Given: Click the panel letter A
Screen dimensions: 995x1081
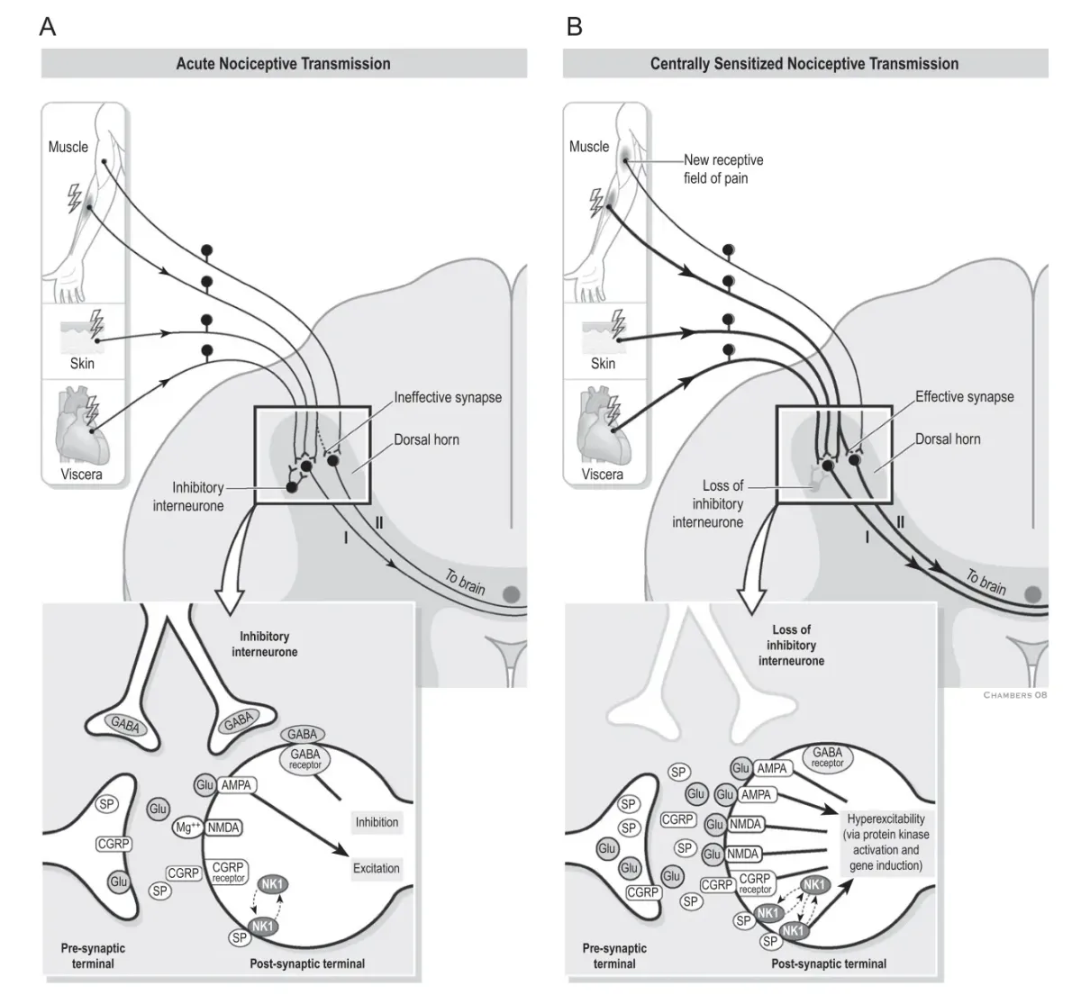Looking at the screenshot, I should click(48, 27).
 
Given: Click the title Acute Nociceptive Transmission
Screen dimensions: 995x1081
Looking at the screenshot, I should click(283, 64).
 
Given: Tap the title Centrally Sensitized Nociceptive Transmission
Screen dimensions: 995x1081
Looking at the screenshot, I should click(804, 64).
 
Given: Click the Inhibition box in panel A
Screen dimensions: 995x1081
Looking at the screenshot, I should click(377, 822).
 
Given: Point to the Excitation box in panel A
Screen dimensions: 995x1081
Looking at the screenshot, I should click(377, 868).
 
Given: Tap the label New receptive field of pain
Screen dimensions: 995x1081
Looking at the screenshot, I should click(722, 168).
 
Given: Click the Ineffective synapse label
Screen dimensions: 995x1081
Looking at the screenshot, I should click(448, 397).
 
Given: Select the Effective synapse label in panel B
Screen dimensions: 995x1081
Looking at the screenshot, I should click(964, 396).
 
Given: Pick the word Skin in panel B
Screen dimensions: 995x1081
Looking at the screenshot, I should click(603, 364).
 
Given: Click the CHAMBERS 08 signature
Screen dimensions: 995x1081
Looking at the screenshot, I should click(1015, 695).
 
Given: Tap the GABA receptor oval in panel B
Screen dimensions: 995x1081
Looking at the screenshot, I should click(827, 757).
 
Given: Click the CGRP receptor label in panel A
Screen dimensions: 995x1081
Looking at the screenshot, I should click(229, 872).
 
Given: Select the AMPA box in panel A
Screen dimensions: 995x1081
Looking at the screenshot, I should click(235, 785).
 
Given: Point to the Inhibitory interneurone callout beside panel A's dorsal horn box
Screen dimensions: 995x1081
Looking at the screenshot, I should click(189, 496).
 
